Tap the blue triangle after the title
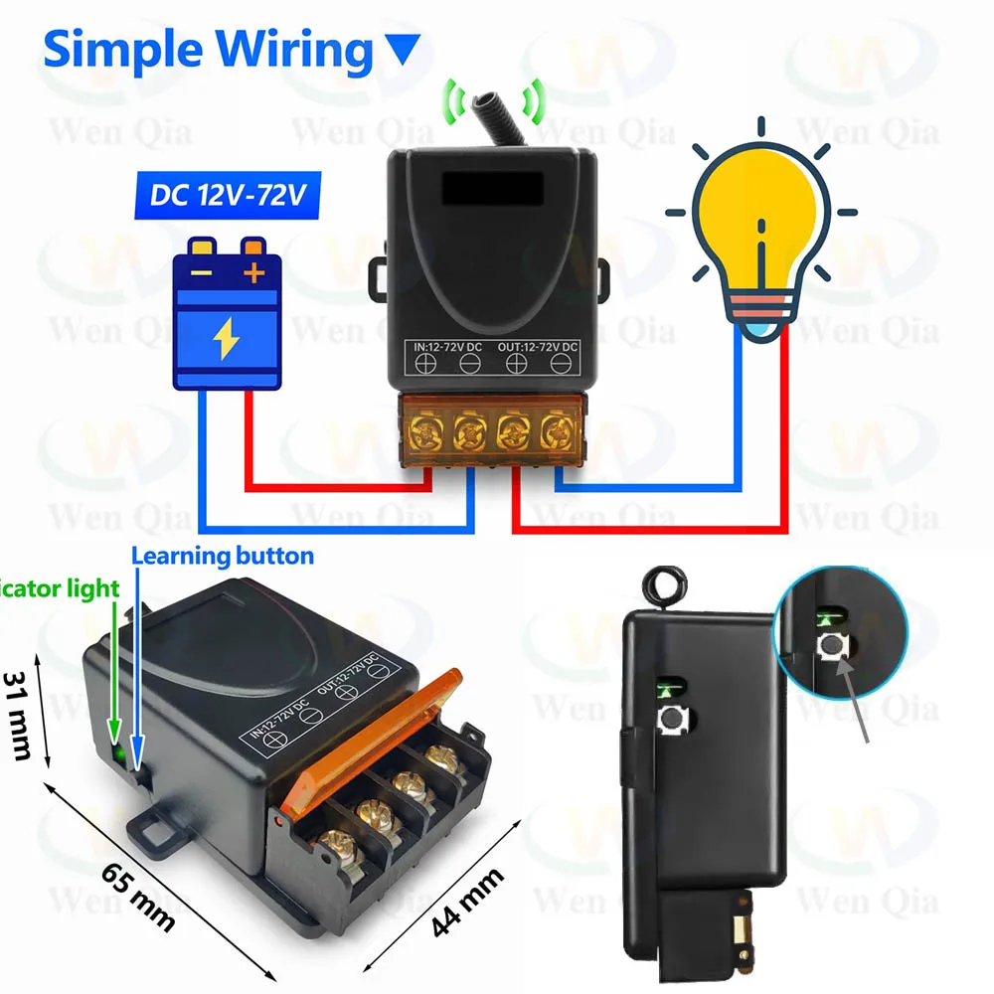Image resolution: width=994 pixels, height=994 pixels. click(402, 49)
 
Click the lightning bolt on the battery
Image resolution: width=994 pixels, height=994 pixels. click(226, 341)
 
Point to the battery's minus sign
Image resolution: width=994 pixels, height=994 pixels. click(201, 271)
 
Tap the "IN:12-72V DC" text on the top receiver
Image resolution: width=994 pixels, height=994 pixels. click(450, 346)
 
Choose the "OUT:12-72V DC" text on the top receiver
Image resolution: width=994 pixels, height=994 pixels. click(538, 346)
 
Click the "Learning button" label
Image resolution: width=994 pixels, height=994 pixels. click(223, 556)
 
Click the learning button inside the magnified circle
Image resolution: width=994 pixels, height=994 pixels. click(829, 648)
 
